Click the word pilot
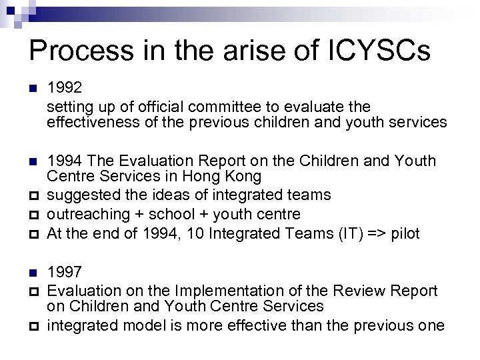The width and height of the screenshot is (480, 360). click(405, 233)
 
